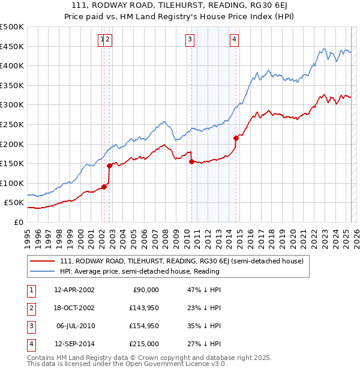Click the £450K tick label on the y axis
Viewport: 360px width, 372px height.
pos(12,46)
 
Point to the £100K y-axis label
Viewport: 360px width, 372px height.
pos(12,183)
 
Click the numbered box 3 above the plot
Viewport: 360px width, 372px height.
pos(190,40)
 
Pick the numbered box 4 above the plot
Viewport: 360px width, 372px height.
pos(233,40)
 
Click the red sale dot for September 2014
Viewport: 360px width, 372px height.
pos(236,138)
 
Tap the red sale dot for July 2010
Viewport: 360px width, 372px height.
pos(191,161)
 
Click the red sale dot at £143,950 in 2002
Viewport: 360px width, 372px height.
pos(110,166)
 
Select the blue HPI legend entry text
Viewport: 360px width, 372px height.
pos(140,271)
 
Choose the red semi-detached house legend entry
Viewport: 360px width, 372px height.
pos(182,261)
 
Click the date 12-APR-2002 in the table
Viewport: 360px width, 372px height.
pos(74,290)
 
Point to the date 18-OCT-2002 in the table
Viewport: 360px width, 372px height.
pos(74,308)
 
